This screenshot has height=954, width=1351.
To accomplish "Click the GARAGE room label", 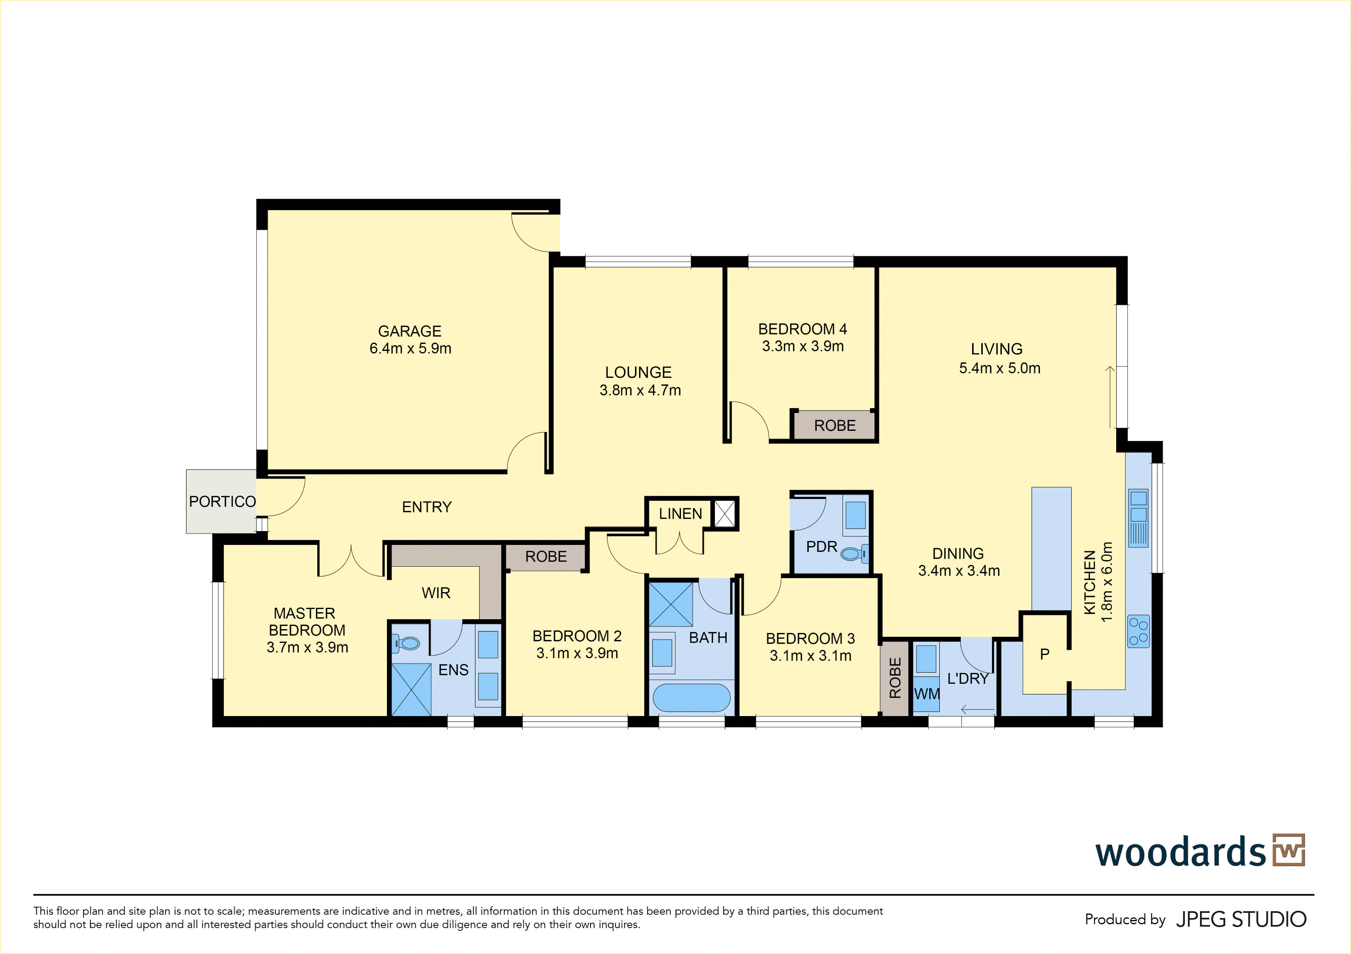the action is [x=409, y=331].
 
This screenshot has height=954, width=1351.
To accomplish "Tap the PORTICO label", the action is [x=222, y=501].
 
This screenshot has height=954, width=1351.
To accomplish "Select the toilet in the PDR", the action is [x=854, y=553].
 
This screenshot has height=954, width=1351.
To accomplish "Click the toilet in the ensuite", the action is [x=406, y=643].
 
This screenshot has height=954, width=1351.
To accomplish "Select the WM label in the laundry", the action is [x=927, y=694].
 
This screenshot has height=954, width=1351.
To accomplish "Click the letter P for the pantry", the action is [x=1045, y=654].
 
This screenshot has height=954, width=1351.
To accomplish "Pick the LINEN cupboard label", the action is [x=680, y=514].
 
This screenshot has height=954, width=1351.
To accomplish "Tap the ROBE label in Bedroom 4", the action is [x=835, y=426].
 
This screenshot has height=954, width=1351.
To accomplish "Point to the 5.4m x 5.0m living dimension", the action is [x=1000, y=368].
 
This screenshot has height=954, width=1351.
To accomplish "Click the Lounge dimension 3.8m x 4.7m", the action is [x=640, y=390].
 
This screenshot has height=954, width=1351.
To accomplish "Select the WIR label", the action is [x=436, y=593].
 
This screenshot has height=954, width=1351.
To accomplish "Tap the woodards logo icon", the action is [x=1288, y=850].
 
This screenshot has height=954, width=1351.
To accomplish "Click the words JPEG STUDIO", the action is [x=1241, y=919].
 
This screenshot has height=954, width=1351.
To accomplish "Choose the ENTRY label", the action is [x=427, y=507].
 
